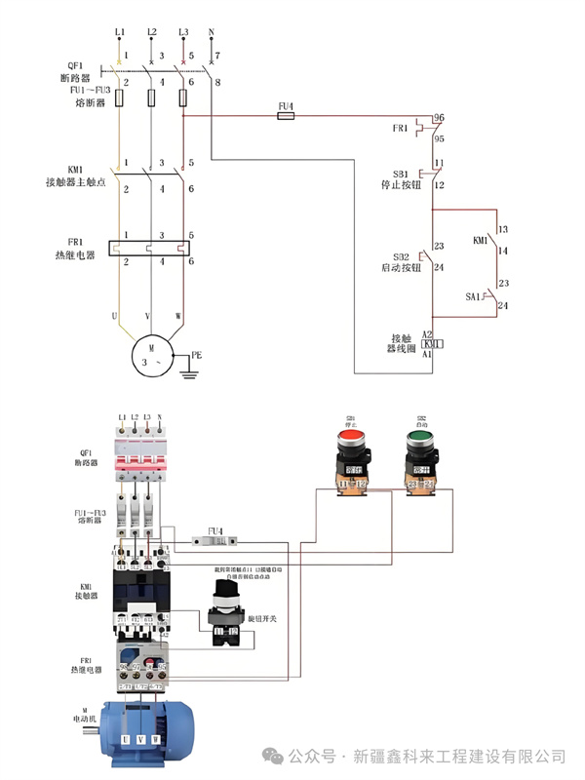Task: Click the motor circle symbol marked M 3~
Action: tap(151, 353)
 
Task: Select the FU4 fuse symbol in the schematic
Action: tap(287, 115)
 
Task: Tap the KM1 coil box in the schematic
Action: tap(432, 344)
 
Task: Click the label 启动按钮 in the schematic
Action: tap(401, 267)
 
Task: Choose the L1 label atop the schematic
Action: tap(120, 32)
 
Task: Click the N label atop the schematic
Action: tap(212, 32)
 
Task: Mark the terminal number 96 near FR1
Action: tap(439, 118)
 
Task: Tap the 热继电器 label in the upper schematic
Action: tap(75, 254)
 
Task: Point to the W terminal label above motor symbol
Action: tap(178, 316)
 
